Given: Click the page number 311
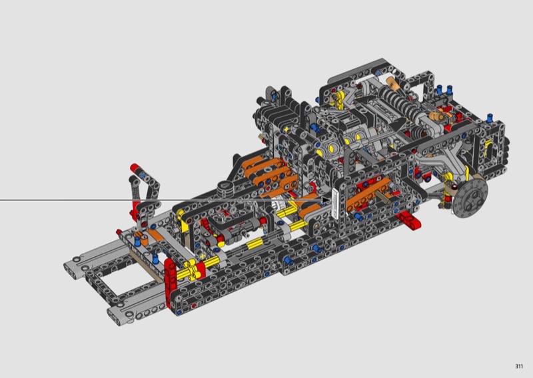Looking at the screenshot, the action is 519,366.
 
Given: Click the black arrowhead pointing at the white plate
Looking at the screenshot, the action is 326,200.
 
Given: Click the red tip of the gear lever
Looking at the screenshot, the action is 135,168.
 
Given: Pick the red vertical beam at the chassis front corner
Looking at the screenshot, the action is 170,282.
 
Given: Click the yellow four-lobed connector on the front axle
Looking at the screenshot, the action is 193,268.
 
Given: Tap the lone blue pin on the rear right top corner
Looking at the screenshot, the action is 490,118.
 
